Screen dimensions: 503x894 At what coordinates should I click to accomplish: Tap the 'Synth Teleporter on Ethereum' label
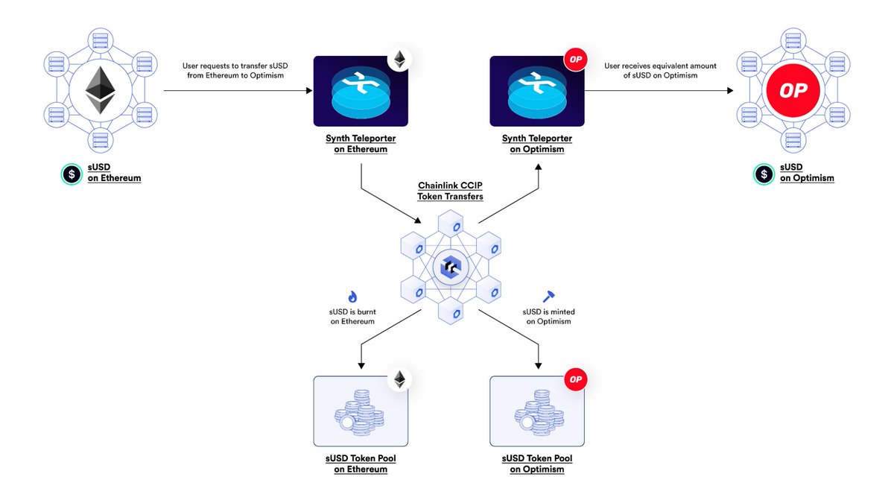pos(361,144)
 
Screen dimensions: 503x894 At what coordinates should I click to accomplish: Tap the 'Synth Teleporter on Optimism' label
pos(536,144)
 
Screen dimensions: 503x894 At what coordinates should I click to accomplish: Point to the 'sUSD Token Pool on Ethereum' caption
pos(361,464)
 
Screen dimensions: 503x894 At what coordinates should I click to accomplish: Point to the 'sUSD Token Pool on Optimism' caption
pos(536,464)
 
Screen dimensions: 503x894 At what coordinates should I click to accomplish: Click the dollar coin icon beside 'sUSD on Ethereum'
pos(72,174)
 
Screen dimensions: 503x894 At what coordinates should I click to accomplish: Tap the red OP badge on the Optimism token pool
pos(575,379)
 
